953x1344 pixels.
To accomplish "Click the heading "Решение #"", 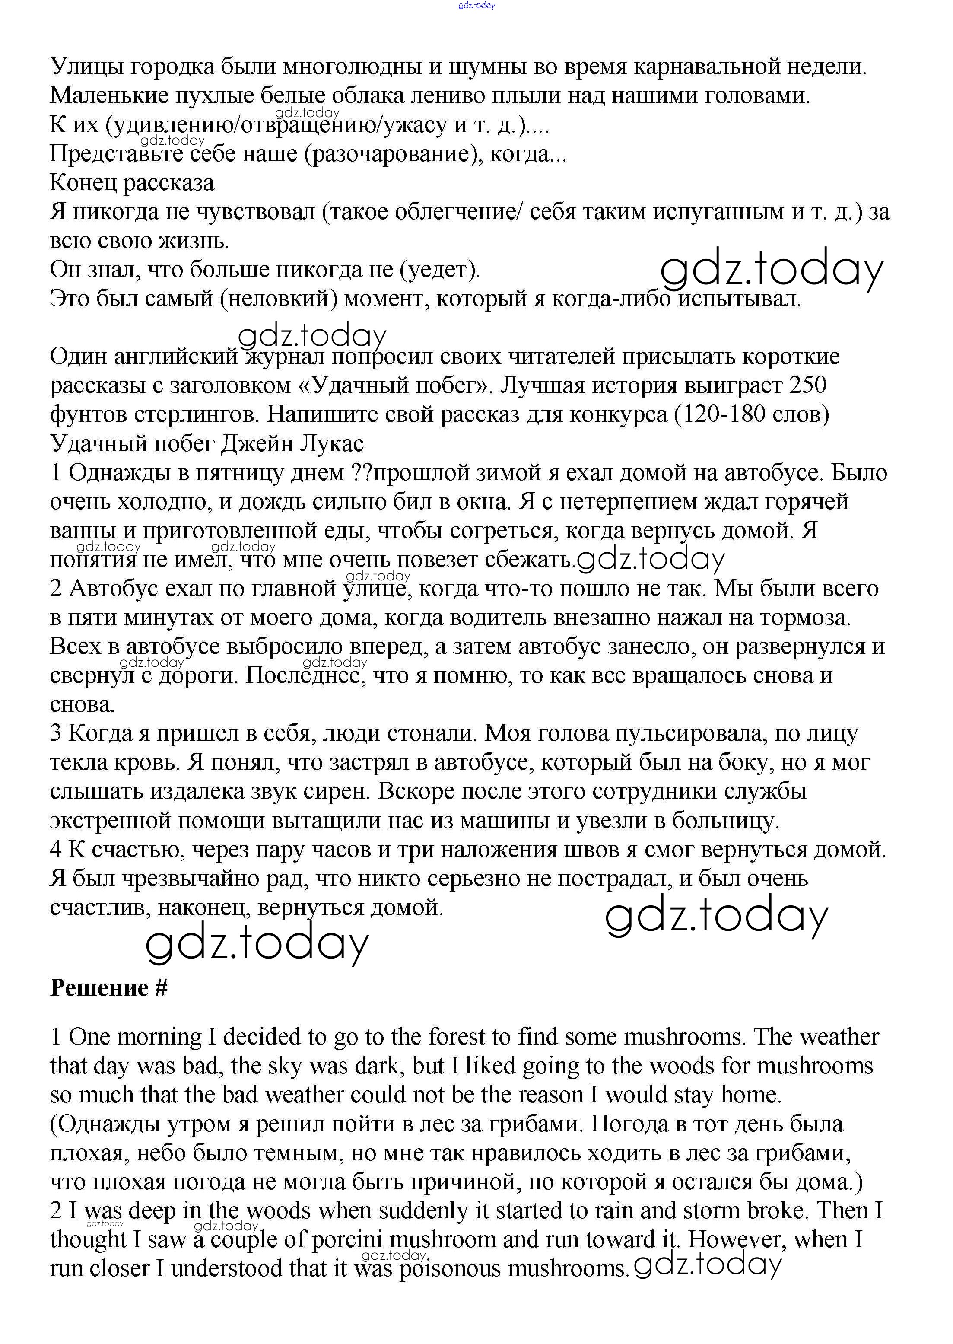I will (108, 988).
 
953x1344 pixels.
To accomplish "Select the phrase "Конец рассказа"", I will (132, 183).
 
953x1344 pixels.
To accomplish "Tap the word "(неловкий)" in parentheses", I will (279, 299).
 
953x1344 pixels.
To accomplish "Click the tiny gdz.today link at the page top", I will (476, 5).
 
